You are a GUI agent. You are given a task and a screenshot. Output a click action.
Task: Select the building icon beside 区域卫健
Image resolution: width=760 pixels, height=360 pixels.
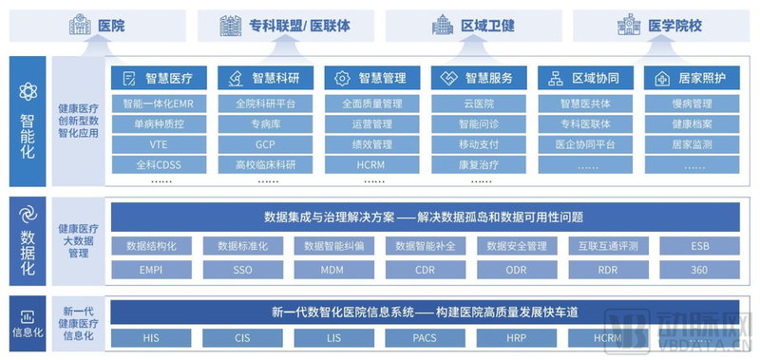443,26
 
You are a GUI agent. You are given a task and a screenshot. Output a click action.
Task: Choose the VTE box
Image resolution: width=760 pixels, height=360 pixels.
158,144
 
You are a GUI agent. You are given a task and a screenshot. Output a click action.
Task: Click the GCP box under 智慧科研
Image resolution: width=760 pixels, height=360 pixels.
265,144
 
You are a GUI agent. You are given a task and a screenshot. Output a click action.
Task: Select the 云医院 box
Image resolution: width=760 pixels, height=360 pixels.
478,104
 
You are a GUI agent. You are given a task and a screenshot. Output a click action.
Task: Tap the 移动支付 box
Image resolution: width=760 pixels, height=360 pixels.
478,144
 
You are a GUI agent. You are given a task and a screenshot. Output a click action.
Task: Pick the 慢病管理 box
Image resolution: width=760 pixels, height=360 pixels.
692,104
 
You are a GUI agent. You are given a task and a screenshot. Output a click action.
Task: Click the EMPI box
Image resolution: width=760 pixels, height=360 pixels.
158,270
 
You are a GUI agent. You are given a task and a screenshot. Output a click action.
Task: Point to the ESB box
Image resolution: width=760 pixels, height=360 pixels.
697,246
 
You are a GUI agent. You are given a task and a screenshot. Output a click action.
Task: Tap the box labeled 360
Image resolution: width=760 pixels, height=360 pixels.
697,270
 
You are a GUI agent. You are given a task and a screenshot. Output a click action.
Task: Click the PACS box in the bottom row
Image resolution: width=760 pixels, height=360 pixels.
425,337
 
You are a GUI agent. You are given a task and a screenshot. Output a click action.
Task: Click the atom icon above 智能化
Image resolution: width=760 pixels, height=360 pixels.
28,92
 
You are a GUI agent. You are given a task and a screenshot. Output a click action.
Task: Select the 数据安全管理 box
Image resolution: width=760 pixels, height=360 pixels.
516,246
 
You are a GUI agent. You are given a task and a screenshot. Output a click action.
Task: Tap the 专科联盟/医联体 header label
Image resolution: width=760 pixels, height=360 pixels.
285,26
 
